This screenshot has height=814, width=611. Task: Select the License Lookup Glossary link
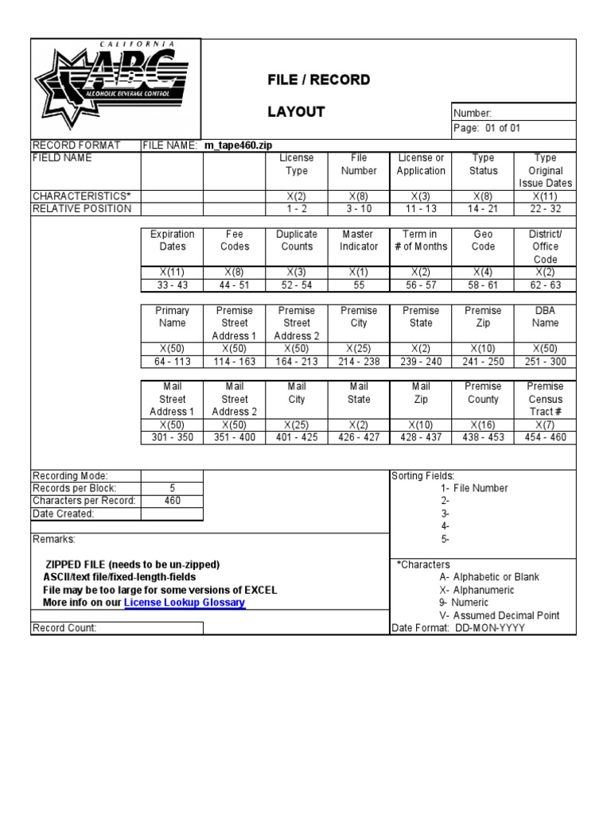[185, 603]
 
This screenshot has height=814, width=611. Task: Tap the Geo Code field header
[483, 240]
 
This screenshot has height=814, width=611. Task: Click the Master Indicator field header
[358, 240]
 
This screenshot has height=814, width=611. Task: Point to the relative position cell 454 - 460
[545, 438]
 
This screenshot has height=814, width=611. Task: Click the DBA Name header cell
[545, 316]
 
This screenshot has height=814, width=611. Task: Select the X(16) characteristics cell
[483, 425]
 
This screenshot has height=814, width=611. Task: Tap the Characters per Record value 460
[172, 501]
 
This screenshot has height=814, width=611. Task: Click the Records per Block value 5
[172, 488]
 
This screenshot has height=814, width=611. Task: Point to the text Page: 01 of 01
[487, 128]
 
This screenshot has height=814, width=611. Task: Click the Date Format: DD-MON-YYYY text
[458, 628]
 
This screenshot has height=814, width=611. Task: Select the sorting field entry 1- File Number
[473, 488]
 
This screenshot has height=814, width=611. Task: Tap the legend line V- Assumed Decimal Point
[499, 615]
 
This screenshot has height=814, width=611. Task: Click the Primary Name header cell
[172, 316]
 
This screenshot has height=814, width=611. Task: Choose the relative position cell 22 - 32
[545, 209]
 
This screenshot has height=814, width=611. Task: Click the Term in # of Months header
[420, 240]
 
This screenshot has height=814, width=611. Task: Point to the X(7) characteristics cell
[545, 425]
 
